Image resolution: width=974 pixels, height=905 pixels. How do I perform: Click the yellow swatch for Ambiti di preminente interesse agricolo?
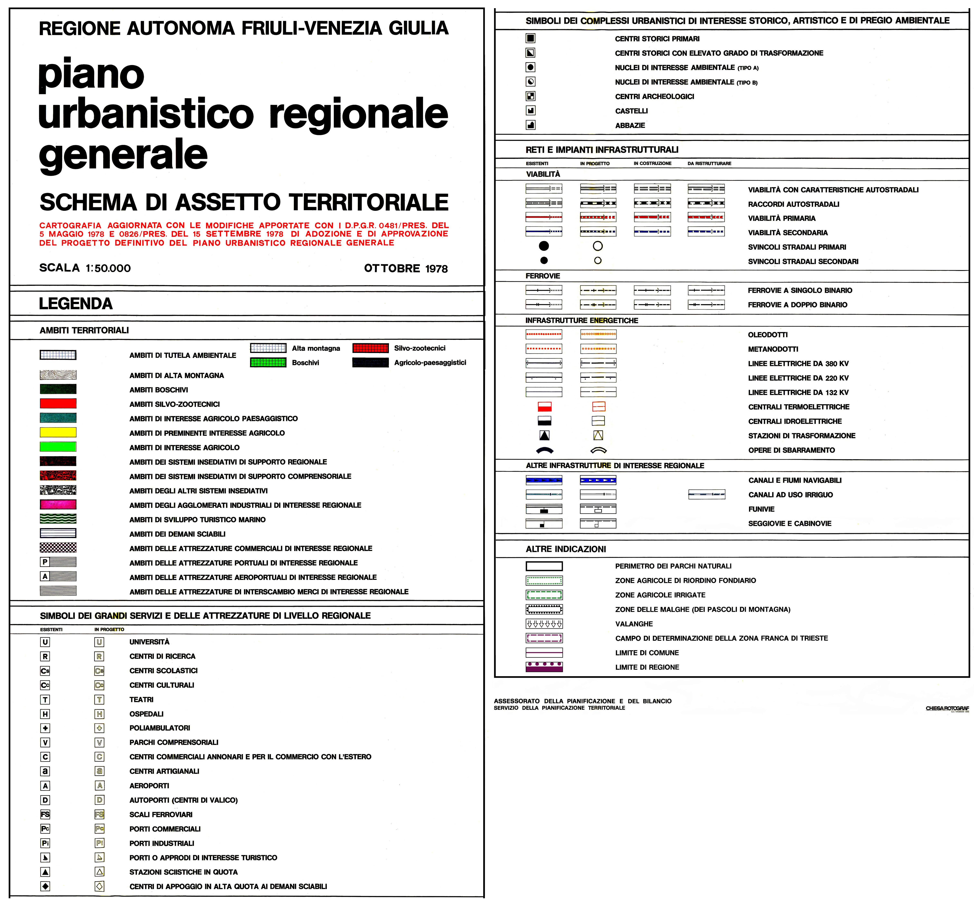58,432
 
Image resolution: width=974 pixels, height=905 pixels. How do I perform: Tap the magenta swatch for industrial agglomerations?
58,505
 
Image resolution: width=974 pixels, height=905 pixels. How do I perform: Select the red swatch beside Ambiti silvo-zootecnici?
58,404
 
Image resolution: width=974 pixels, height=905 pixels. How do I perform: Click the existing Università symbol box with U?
45,642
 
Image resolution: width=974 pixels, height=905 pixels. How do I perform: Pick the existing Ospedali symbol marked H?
45,714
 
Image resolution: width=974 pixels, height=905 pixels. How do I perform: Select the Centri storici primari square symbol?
530,38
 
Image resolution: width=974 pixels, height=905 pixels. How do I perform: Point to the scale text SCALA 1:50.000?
85,268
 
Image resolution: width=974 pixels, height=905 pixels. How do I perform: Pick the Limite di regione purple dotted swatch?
544,667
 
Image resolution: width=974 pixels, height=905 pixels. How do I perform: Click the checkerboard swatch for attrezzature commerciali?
58,547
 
